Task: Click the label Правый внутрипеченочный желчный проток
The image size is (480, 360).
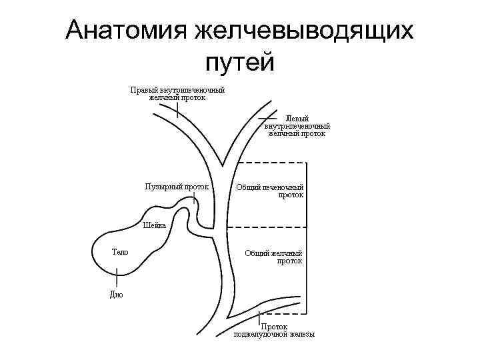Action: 177,94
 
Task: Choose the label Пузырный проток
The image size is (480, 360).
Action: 177,187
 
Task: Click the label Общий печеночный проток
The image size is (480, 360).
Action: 270,191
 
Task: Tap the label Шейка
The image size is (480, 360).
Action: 154,225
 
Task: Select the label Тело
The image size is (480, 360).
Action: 120,252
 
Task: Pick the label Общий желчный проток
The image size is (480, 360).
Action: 273,257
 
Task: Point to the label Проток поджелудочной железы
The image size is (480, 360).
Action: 274,331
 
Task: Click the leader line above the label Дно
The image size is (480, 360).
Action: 117,279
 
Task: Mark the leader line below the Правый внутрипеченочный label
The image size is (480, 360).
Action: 177,109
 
